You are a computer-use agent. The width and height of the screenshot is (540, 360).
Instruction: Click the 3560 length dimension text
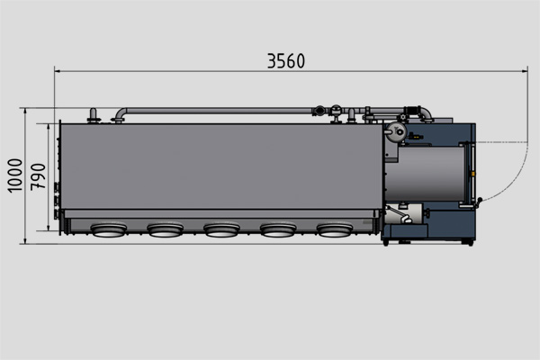[286, 61]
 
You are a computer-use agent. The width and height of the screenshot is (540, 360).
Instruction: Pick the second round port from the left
[165, 230]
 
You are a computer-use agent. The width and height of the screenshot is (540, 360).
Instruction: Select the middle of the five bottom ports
[221, 230]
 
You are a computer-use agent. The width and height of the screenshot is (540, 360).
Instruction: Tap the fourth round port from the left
[278, 230]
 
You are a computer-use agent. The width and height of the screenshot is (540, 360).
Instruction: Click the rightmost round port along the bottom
[335, 230]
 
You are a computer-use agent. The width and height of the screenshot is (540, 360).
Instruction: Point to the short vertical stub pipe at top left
[91, 115]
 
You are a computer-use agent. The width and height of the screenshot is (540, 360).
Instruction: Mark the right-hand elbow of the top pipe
[426, 114]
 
